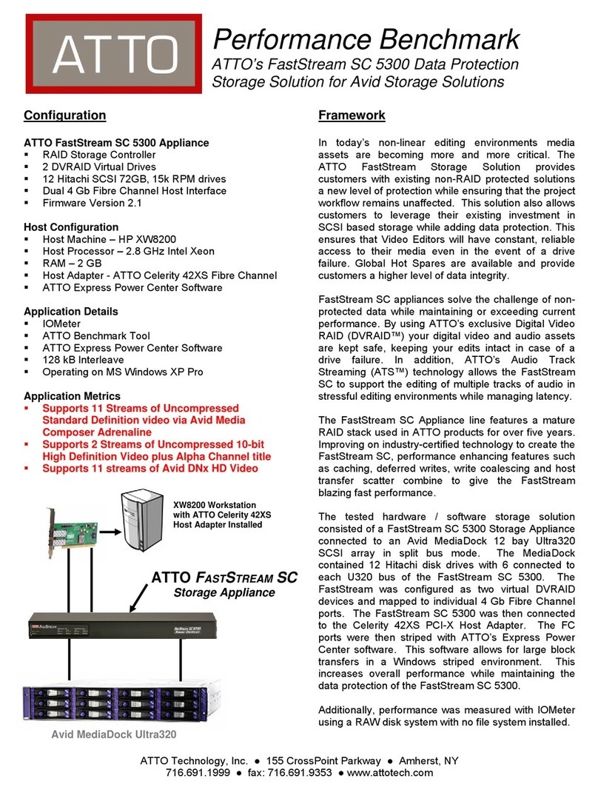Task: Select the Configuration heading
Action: click(64, 116)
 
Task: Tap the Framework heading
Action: click(352, 116)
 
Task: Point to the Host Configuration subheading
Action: click(71, 227)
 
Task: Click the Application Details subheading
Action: click(70, 312)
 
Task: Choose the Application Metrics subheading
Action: click(72, 396)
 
